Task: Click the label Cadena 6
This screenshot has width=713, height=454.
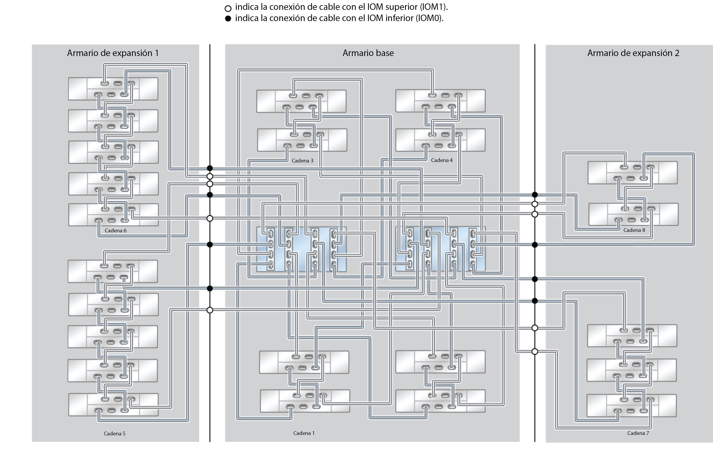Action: pyautogui.click(x=116, y=230)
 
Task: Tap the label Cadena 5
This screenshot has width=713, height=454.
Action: pyautogui.click(x=115, y=433)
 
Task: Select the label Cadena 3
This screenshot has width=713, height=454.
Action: pyautogui.click(x=302, y=160)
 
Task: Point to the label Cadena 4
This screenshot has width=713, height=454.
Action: pyautogui.click(x=442, y=160)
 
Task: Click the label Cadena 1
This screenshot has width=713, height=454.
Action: pyautogui.click(x=304, y=433)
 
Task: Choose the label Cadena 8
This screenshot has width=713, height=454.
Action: pyautogui.click(x=634, y=230)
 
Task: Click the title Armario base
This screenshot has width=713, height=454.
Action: pyautogui.click(x=368, y=53)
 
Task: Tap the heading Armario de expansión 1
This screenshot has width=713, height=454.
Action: pyautogui.click(x=113, y=53)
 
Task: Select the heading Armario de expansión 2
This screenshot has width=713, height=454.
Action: pyautogui.click(x=633, y=53)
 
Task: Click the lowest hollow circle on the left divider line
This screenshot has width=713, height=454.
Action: pyautogui.click(x=210, y=310)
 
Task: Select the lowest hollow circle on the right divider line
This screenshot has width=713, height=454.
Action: pyautogui.click(x=534, y=352)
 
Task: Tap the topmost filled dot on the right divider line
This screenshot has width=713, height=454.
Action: pyautogui.click(x=534, y=195)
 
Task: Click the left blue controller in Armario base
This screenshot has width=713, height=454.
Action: pyautogui.click(x=301, y=249)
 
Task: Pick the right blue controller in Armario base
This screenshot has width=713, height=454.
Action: pyautogui.click(x=440, y=249)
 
